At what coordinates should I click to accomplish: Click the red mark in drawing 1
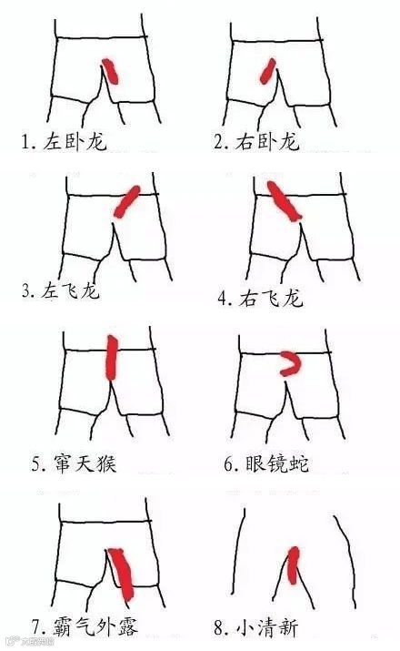tap(110, 71)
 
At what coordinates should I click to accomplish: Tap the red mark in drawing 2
tap(268, 71)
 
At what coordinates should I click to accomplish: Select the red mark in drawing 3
tap(127, 201)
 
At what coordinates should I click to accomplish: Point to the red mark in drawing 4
tap(284, 201)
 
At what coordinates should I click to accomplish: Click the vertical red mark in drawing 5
tap(112, 358)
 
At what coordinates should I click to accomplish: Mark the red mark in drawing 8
tap(294, 565)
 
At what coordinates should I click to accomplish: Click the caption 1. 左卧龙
tap(65, 141)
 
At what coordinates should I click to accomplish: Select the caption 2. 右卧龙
tap(256, 141)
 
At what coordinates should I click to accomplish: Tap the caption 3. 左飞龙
tap(61, 290)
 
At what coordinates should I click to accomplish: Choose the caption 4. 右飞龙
tap(261, 298)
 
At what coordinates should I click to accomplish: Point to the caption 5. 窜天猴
tap(75, 463)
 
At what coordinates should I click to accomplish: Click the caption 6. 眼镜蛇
tap(267, 463)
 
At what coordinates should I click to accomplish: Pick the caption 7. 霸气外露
tap(85, 626)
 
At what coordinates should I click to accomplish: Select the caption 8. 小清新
tap(256, 627)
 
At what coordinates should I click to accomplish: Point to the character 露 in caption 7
tap(127, 627)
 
